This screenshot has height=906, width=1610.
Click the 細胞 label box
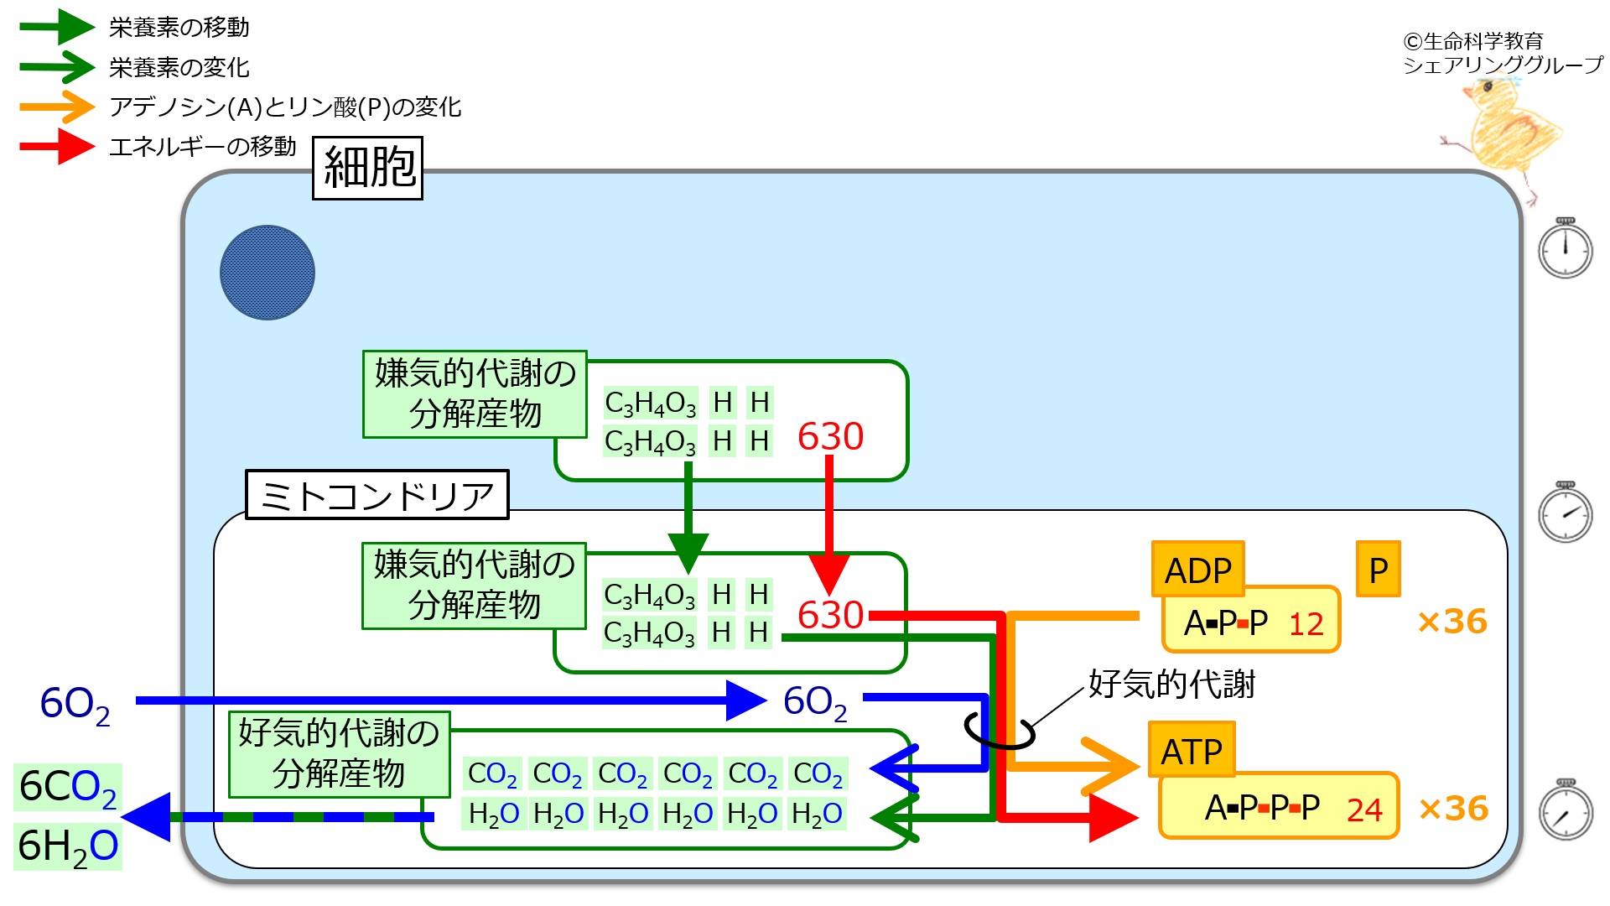coord(367,168)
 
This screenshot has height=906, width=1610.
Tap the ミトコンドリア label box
coord(377,495)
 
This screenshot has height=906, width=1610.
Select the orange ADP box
coord(1197,570)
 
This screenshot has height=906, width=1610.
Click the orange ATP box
coord(1191,750)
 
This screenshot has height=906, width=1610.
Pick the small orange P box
coord(1378,570)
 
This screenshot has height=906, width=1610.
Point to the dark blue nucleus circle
coord(267,273)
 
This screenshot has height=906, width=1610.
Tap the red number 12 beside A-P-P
coord(1306,624)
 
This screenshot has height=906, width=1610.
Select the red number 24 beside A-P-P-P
coord(1364,810)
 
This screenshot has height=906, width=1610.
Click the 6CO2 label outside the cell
coord(68,787)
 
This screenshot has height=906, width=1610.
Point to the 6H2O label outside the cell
coord(68,846)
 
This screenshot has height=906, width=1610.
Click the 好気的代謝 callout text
coord(1171,685)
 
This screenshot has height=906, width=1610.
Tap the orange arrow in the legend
coord(57,107)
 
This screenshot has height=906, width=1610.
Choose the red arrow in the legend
coord(57,147)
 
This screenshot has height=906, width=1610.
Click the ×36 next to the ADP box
coord(1452,622)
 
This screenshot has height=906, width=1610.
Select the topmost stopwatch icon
coord(1565,248)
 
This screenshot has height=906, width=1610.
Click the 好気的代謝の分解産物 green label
coord(339,752)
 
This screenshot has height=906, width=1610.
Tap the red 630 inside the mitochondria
coord(830,615)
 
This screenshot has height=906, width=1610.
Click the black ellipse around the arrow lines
coord(999,730)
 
